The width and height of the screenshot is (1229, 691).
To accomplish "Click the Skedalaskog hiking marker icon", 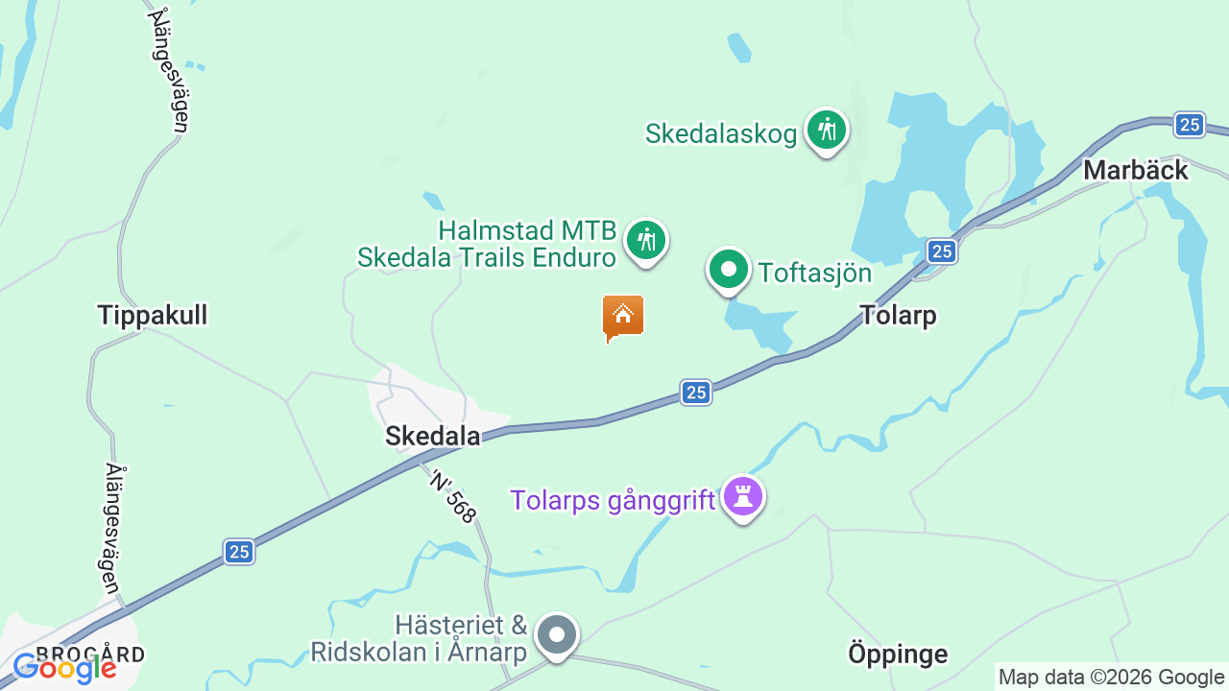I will (x=826, y=130).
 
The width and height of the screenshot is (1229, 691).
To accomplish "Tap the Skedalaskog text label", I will (x=721, y=133).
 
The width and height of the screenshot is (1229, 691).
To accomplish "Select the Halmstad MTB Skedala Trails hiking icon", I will (x=646, y=240).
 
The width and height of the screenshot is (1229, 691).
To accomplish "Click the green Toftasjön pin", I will (x=729, y=270).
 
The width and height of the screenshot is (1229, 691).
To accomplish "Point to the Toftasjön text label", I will (x=815, y=274).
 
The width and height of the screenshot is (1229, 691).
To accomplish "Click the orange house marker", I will (x=623, y=316).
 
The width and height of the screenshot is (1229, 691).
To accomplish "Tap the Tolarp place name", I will (x=898, y=315).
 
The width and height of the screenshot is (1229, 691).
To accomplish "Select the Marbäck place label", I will (x=1136, y=171).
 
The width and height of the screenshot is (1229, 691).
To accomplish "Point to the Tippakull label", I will (x=153, y=315).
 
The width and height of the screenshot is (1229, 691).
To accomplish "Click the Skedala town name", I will (x=432, y=436).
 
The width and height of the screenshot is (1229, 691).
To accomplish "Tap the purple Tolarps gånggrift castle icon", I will (x=743, y=496).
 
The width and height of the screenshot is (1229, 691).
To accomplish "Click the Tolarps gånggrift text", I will (x=613, y=500).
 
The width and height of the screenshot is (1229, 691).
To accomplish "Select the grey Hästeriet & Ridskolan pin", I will (x=556, y=634).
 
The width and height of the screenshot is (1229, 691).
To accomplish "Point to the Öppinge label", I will (x=898, y=655).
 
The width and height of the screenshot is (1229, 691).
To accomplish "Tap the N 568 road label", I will (x=452, y=496).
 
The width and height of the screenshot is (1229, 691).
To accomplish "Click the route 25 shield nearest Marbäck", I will (x=1189, y=125).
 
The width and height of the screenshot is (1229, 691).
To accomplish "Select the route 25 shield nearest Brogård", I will (x=239, y=552).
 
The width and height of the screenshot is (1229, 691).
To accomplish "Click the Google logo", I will (x=64, y=668).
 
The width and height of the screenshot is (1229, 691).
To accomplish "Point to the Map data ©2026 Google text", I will (x=1111, y=677).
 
